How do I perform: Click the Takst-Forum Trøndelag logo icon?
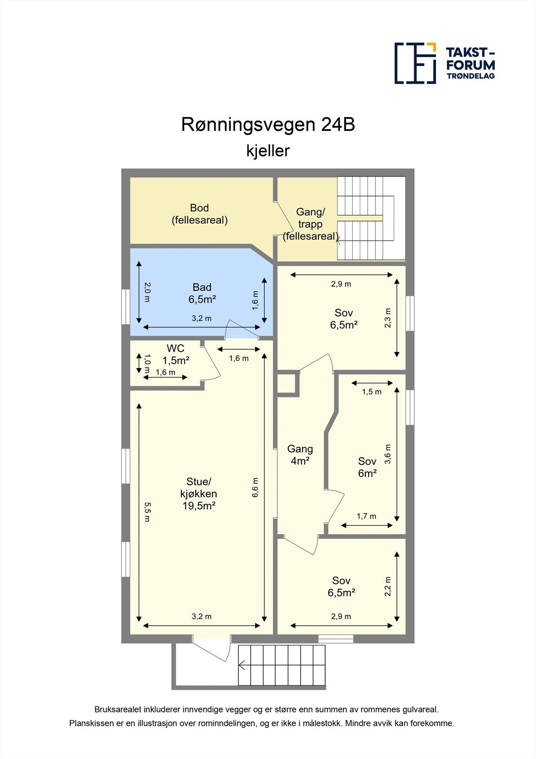click(x=415, y=63)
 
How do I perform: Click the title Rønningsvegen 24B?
click(x=268, y=125)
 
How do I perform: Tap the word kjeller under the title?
click(x=268, y=151)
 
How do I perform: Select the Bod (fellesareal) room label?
click(x=200, y=214)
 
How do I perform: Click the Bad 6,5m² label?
click(x=202, y=293)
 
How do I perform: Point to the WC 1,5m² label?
click(x=176, y=354)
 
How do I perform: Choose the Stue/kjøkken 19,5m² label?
click(x=199, y=494)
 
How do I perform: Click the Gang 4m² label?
click(x=300, y=454)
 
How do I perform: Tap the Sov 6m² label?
click(x=367, y=467)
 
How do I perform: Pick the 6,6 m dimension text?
click(x=256, y=487)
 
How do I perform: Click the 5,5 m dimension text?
click(x=147, y=512)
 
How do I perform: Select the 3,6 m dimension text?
click(x=388, y=454)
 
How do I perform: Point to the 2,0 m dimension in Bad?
click(x=147, y=292)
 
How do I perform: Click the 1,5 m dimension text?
click(x=372, y=392)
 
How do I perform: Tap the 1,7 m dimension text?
click(x=366, y=516)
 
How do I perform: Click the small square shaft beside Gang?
click(x=287, y=384)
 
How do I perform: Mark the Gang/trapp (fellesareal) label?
click(x=310, y=224)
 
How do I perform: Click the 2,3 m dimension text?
click(x=388, y=318)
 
